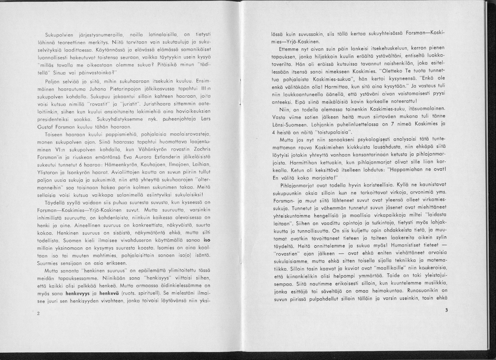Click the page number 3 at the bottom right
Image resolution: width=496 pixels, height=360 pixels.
click(446, 310)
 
